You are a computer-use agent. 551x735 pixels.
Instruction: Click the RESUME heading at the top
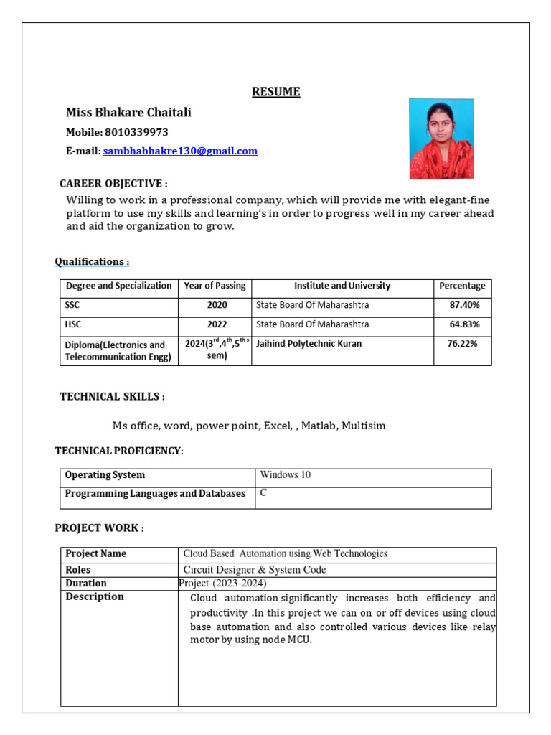coord(275,92)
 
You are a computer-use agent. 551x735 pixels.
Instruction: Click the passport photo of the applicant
coord(441,139)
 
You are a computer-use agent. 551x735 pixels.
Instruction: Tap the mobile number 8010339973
coord(136,132)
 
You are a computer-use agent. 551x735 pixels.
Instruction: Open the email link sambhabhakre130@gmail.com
coord(180,151)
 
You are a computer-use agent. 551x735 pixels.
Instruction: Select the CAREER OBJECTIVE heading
coord(114,184)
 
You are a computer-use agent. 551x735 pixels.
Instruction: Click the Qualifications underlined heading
coord(93,262)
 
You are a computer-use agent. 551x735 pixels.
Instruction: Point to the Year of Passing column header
coord(215,286)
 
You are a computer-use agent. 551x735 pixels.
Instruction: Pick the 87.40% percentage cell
coord(464,305)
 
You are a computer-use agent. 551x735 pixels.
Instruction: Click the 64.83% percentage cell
coord(464,324)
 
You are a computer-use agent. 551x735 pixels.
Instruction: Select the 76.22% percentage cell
coord(462,344)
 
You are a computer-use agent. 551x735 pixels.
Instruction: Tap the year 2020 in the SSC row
coord(217,305)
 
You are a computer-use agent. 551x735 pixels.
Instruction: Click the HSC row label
coord(73,324)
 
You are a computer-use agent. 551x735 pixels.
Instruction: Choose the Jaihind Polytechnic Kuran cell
coord(309,344)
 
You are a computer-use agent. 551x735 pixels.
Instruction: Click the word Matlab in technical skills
coord(318,426)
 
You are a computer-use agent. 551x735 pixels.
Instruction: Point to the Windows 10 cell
coord(286,475)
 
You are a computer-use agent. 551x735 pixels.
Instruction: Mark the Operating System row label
coord(105,475)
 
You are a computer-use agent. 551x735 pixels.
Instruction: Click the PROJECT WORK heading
coord(100,528)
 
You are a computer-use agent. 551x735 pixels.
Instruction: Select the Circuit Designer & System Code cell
coord(255,570)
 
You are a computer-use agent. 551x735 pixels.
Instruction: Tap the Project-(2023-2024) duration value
coord(222,584)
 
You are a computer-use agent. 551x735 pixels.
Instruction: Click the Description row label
coord(95,597)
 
